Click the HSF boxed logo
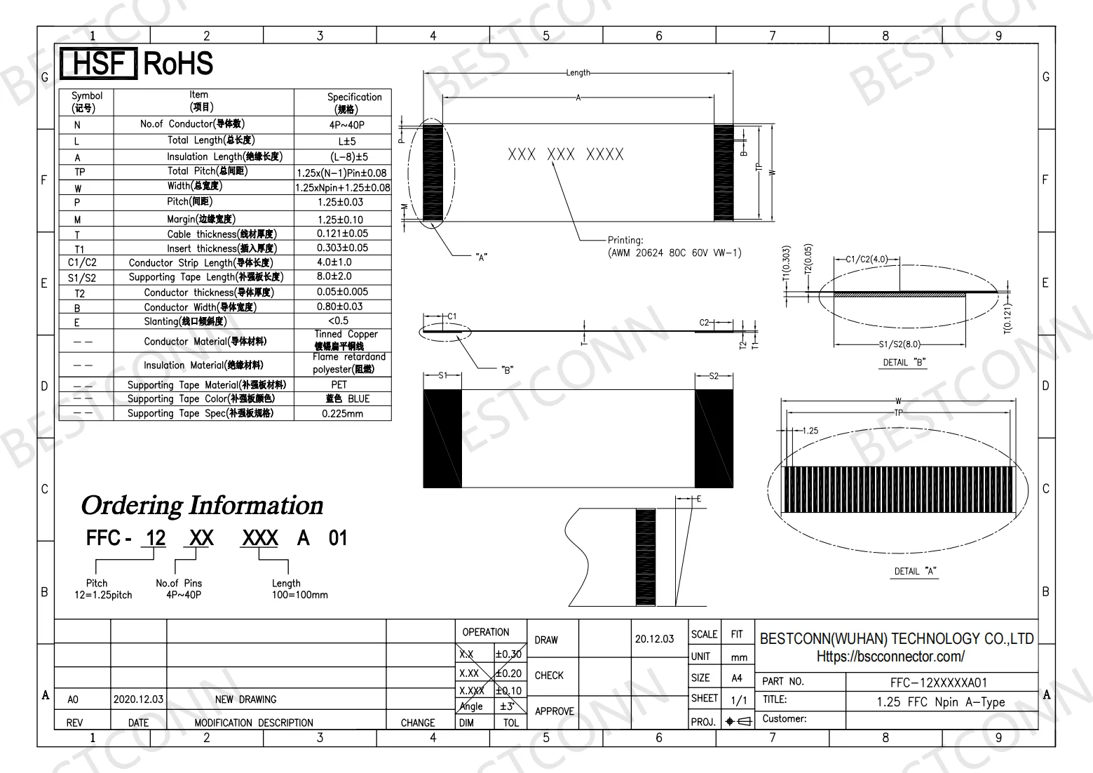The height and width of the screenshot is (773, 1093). pyautogui.click(x=97, y=64)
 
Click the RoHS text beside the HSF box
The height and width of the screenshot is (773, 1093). pyautogui.click(x=178, y=64)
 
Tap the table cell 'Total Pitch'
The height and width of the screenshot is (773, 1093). pyautogui.click(x=208, y=171)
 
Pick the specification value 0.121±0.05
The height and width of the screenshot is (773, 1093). pyautogui.click(x=342, y=234)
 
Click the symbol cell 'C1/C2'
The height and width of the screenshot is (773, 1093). pyautogui.click(x=83, y=262)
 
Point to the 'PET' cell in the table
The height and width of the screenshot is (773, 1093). pyautogui.click(x=339, y=384)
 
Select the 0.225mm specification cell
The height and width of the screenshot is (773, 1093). pyautogui.click(x=342, y=413)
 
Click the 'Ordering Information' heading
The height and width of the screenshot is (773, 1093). pyautogui.click(x=202, y=506)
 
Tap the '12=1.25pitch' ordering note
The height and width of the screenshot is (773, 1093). pyautogui.click(x=103, y=595)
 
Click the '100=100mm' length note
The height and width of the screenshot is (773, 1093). pyautogui.click(x=299, y=595)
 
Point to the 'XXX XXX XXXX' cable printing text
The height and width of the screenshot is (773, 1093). pyautogui.click(x=565, y=155)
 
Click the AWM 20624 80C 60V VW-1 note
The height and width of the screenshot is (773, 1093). pyautogui.click(x=674, y=253)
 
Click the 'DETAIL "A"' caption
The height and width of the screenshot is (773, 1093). pyautogui.click(x=915, y=571)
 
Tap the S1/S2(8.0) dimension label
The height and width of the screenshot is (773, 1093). pyautogui.click(x=899, y=344)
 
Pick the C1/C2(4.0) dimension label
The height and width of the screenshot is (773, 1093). pyautogui.click(x=867, y=260)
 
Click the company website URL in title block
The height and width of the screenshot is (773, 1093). pyautogui.click(x=890, y=657)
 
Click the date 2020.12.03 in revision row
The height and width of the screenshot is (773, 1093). pyautogui.click(x=138, y=699)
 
